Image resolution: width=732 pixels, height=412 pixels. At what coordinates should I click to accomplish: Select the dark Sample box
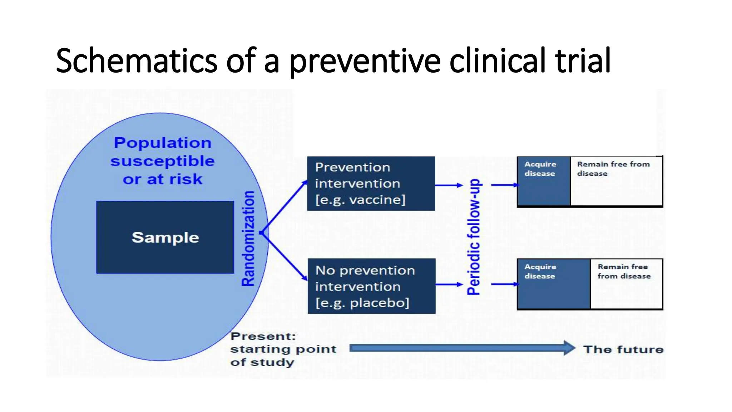pos(165,237)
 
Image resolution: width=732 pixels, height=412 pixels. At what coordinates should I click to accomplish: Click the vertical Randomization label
pos(248,238)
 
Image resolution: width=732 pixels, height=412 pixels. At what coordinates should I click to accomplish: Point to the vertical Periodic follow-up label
pos(474,237)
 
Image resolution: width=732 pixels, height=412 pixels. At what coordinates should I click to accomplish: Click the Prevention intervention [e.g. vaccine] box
pos(371,183)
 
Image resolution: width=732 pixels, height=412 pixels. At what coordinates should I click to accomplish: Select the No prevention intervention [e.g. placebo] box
pos(371,286)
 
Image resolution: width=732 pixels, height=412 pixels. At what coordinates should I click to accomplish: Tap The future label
pos(623,349)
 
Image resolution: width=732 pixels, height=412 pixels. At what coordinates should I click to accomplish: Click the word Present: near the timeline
pos(263,336)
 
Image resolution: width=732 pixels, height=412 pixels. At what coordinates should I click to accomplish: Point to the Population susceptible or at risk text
pos(163,161)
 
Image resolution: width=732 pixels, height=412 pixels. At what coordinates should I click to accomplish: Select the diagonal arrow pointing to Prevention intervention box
pos(284,207)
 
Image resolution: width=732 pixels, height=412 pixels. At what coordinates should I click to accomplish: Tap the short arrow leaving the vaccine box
pos(449,185)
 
